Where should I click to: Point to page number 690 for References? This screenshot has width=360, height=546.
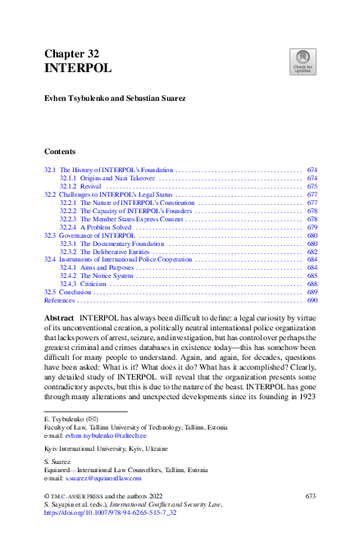pyautogui.click(x=312, y=300)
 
